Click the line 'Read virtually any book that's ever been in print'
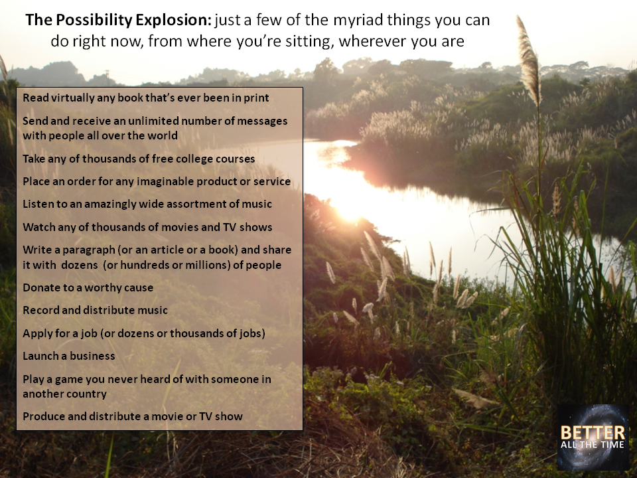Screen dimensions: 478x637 (145, 98)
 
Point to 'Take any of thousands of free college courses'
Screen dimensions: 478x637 (139, 159)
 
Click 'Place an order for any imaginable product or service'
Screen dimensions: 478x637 (157, 181)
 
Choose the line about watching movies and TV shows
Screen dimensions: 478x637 (147, 227)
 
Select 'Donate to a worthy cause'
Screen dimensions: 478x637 (88, 287)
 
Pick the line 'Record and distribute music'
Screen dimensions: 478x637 (95, 310)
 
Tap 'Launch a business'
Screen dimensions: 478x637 (68, 356)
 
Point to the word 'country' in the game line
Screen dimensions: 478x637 (86, 394)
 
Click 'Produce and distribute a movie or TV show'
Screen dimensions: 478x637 (133, 417)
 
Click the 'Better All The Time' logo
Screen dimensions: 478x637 (593, 437)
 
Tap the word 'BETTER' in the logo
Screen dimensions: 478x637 (593, 432)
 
